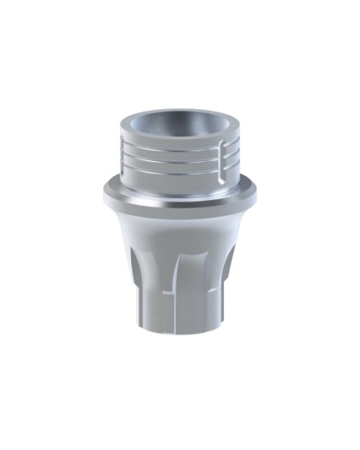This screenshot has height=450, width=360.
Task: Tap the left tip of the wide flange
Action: coord(103,192)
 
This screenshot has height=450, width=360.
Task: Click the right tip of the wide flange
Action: coord(257,192)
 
